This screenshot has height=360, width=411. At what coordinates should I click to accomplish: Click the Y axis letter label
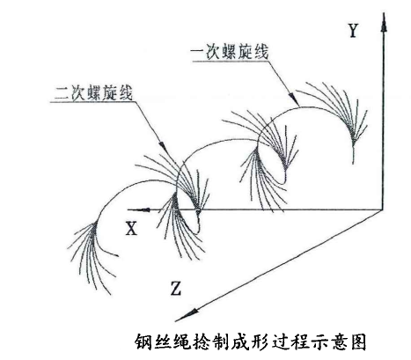pyautogui.click(x=353, y=31)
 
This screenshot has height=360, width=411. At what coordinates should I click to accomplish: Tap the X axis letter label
pyautogui.click(x=131, y=228)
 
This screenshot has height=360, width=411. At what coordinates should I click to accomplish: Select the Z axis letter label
pyautogui.click(x=175, y=288)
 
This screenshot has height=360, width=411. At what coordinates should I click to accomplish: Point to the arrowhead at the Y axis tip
pyautogui.click(x=384, y=22)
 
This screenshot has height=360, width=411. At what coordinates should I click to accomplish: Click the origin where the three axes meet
pyautogui.click(x=383, y=209)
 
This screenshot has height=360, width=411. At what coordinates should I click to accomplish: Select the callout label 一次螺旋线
pyautogui.click(x=230, y=53)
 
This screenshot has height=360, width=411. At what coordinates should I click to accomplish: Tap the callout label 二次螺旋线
pyautogui.click(x=93, y=93)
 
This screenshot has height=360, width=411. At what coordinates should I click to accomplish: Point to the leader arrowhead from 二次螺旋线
pyautogui.click(x=162, y=145)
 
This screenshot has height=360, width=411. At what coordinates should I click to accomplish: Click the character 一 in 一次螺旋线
pyautogui.click(x=198, y=53)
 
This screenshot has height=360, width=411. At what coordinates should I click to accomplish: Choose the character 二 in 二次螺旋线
pyautogui.click(x=62, y=93)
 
